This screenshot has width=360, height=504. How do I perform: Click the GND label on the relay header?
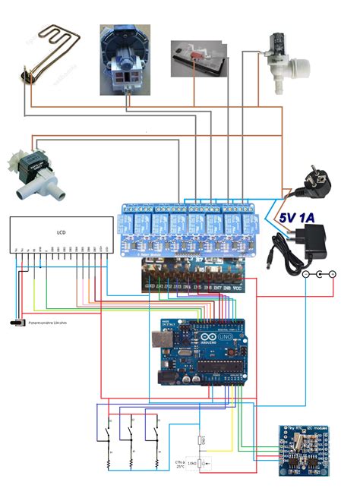click(150, 286)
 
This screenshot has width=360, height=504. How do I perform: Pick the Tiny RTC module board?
click(304, 452)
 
